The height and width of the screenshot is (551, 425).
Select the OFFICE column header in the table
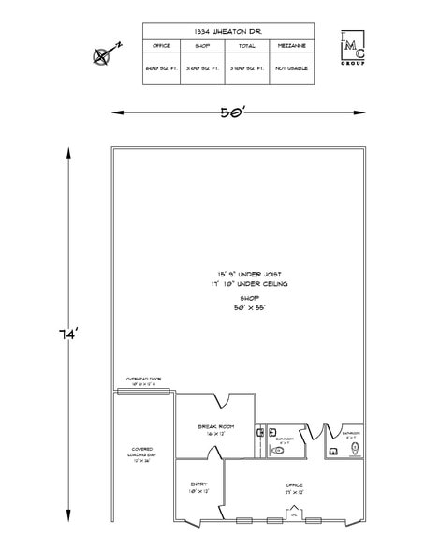[162, 44]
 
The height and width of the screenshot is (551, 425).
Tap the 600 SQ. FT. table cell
[162, 68]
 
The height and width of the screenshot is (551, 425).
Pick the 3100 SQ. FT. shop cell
[201, 68]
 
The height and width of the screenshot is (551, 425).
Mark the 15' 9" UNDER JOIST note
[249, 274]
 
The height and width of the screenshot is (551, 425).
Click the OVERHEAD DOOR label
[143, 379]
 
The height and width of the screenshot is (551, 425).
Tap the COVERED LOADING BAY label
[141, 455]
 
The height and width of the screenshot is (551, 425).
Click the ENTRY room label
[198, 487]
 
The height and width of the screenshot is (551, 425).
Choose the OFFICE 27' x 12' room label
[294, 488]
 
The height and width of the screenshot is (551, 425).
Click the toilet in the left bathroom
[277, 451]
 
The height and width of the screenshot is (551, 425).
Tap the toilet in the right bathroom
[354, 449]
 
